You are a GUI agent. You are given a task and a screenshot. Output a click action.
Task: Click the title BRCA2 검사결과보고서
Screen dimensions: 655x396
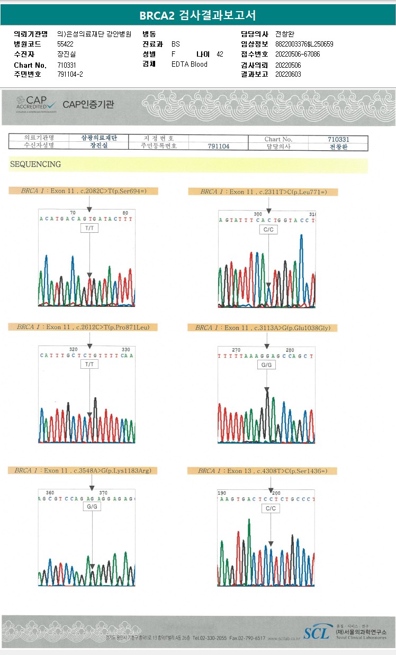[x=197, y=15]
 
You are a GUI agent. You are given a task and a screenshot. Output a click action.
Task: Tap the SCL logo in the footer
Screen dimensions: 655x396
[x=316, y=632]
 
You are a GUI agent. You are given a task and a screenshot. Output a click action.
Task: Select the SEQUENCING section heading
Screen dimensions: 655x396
[x=35, y=165]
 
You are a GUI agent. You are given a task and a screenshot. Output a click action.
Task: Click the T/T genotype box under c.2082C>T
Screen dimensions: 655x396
[x=89, y=228]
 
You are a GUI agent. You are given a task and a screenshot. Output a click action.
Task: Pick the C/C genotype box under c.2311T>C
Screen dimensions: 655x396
[x=268, y=230]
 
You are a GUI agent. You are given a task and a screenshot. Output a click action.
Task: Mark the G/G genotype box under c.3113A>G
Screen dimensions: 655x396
[x=266, y=365]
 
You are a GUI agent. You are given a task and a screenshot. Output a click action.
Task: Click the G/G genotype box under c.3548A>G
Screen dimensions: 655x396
[x=92, y=506]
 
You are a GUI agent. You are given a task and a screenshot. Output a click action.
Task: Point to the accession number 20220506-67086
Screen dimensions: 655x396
[x=298, y=54]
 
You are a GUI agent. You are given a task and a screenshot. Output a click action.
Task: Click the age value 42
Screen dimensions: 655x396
[x=220, y=54]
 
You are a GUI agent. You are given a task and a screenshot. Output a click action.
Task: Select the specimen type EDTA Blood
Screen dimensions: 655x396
[x=190, y=64]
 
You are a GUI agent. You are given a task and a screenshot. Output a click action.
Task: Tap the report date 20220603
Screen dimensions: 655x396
[x=288, y=74]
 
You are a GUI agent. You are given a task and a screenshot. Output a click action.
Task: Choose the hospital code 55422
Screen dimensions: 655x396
[x=66, y=44]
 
